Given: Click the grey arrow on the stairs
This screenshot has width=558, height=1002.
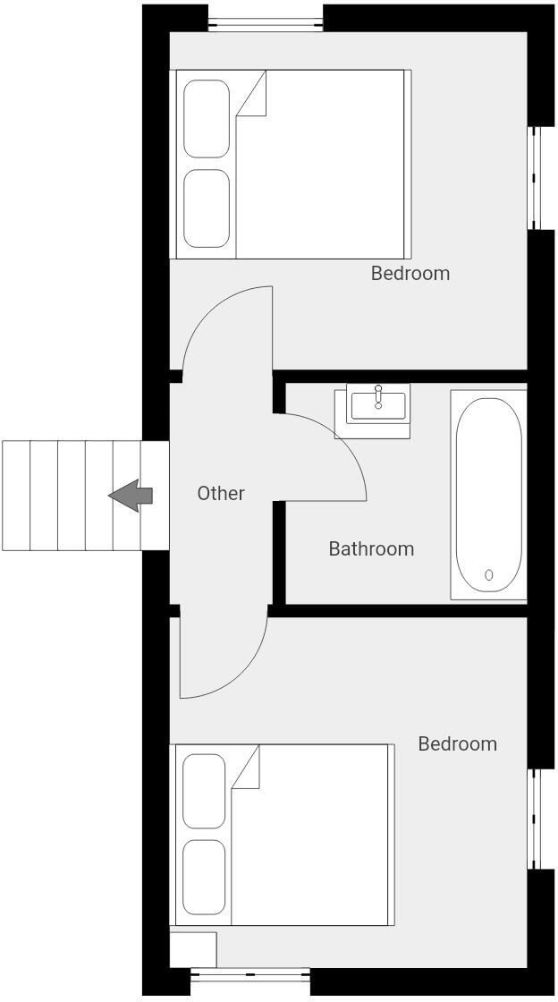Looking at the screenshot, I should click(131, 495).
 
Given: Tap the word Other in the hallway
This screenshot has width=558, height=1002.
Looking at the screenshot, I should click(220, 493).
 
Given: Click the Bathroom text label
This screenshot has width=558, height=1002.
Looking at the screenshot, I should click(371, 548).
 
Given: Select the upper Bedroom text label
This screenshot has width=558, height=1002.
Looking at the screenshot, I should click(410, 273).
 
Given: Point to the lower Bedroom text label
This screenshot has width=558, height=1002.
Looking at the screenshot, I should click(457, 743).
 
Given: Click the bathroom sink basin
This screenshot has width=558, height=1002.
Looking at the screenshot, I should click(378, 405).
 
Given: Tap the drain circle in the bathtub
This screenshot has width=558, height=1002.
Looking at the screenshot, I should click(489, 574).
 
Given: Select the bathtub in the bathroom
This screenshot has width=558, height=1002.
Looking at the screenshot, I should click(488, 494).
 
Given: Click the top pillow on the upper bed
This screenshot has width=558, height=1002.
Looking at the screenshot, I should click(207, 119).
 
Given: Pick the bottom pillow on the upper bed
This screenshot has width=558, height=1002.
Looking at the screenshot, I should click(207, 208).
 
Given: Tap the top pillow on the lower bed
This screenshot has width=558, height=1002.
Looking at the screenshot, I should click(204, 790).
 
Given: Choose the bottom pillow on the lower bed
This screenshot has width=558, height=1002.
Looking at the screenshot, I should click(204, 876).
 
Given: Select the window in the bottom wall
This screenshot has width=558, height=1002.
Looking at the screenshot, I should click(250, 974).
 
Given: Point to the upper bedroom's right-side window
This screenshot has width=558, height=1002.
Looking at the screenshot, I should click(535, 177).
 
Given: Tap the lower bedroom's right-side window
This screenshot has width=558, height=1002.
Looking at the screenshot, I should click(535, 819).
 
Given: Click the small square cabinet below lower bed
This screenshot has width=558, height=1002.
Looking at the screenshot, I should click(193, 949).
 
